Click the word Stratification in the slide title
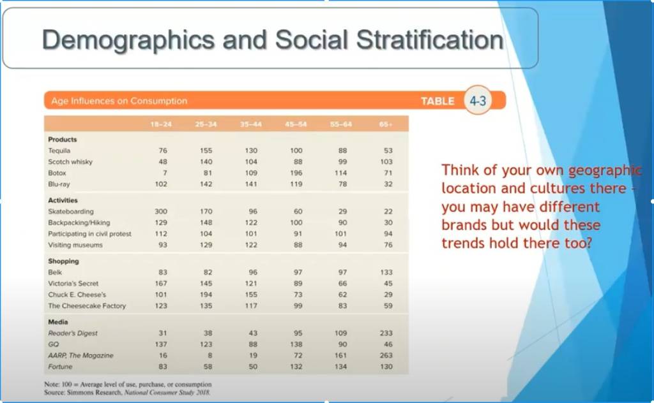[x=430, y=40]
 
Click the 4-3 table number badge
[x=478, y=101]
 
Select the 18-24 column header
[x=161, y=124]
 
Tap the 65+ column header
[x=386, y=124]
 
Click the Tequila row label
[x=59, y=150]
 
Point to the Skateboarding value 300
[x=161, y=212]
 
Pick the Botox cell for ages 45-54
[x=296, y=173]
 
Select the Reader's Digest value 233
[x=386, y=333]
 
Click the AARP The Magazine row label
[x=80, y=356]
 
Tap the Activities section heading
[x=63, y=200]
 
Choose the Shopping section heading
[x=63, y=261]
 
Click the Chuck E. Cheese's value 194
[x=206, y=295]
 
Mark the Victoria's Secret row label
[x=73, y=284]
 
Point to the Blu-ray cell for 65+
[x=388, y=184]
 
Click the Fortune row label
[x=60, y=367]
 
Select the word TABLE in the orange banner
[x=437, y=101]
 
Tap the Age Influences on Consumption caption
[x=119, y=101]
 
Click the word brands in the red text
[x=464, y=225]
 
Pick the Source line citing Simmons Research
[x=127, y=392]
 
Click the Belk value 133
[x=386, y=272]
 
